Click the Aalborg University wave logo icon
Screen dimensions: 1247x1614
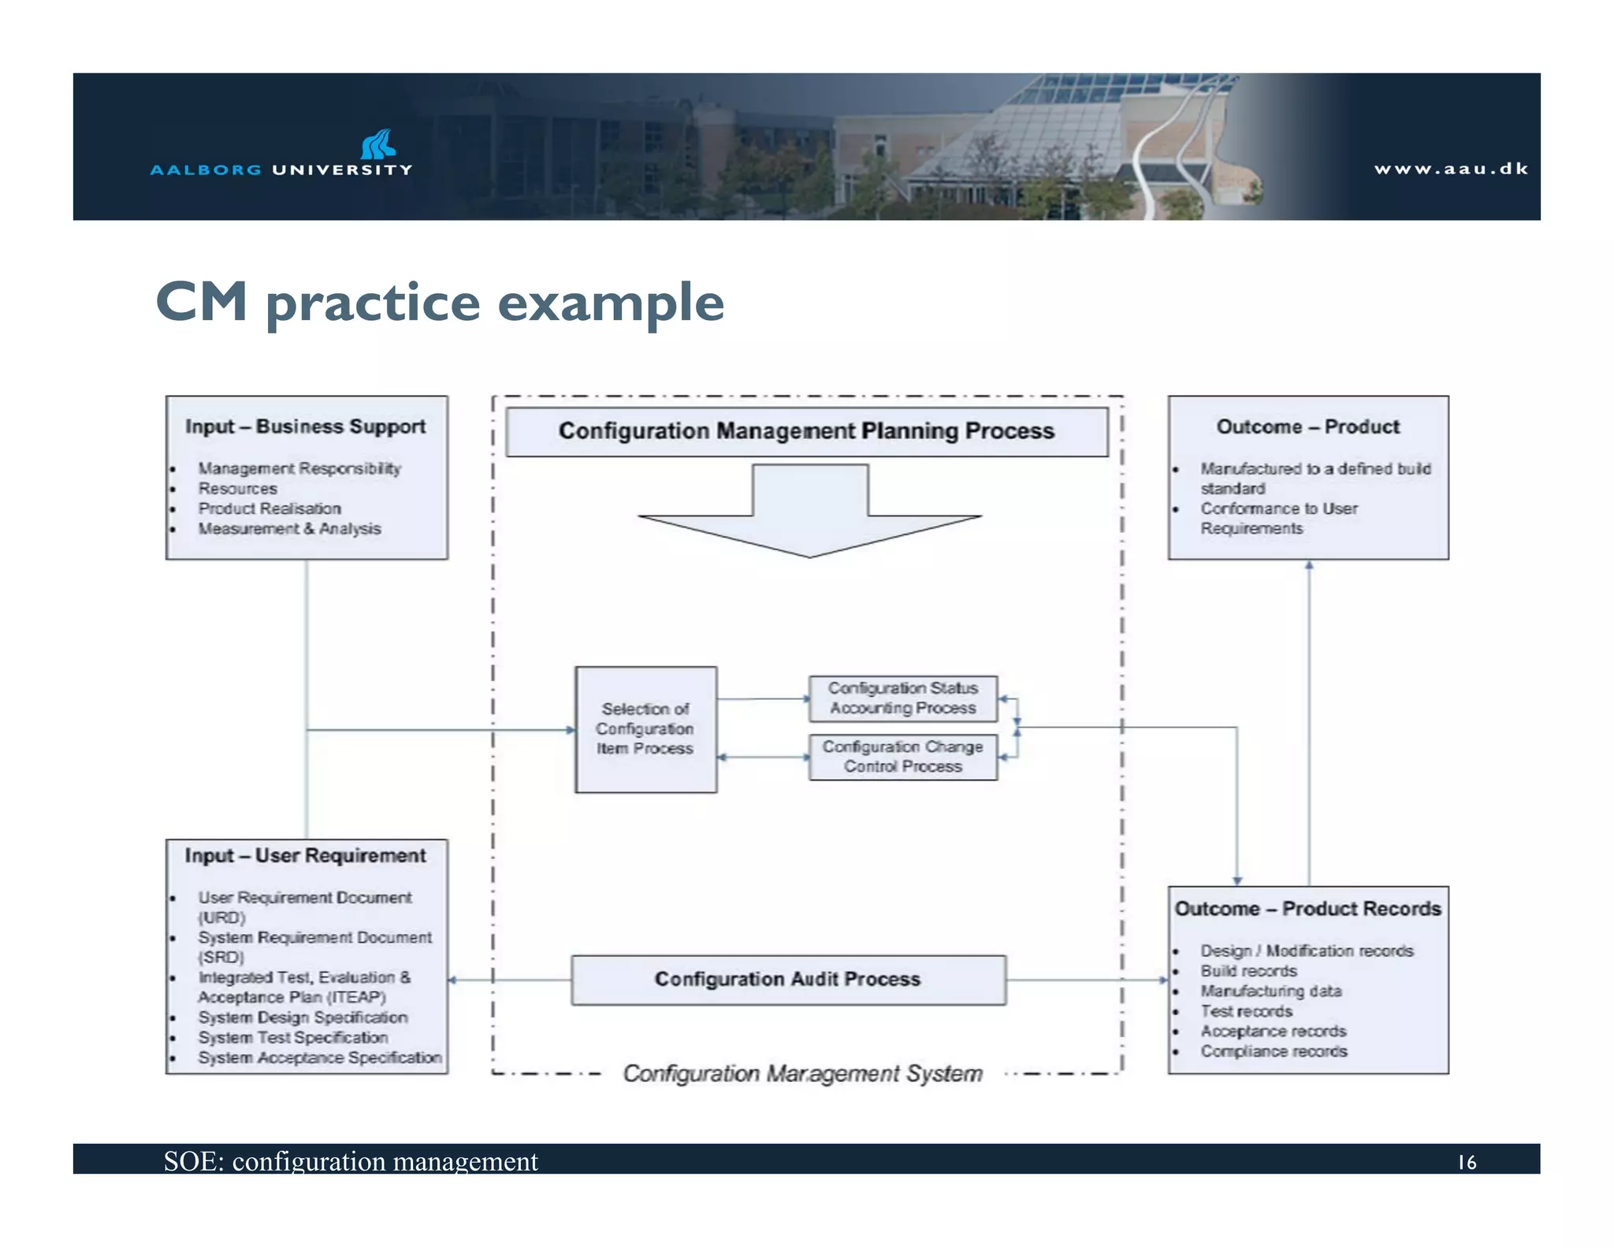click(x=378, y=144)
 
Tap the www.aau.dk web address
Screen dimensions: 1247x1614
click(x=1450, y=169)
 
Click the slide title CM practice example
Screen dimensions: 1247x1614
click(x=440, y=302)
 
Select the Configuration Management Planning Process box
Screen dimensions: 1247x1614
click(x=806, y=431)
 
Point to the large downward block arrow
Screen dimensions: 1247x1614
click(x=809, y=512)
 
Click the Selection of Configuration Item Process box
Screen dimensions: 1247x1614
click(x=645, y=729)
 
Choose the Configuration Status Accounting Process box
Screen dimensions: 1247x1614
click(x=902, y=698)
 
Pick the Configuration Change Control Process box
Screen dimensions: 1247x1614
click(x=902, y=757)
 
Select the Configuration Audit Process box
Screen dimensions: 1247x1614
click(x=788, y=980)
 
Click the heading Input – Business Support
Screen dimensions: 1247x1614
click(x=306, y=426)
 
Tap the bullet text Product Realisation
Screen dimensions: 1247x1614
click(x=270, y=508)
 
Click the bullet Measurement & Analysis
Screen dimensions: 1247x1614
click(x=289, y=529)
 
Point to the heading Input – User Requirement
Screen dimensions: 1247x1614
click(x=306, y=855)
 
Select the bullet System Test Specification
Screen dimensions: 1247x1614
click(x=293, y=1037)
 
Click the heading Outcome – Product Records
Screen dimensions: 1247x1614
click(x=1307, y=909)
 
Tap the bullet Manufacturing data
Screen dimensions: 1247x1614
click(x=1270, y=991)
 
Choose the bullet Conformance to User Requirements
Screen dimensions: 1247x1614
click(x=1278, y=518)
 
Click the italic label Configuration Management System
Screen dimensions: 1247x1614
click(x=802, y=1074)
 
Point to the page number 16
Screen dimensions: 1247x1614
click(x=1466, y=1162)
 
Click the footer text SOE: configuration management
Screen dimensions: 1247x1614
click(x=351, y=1161)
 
